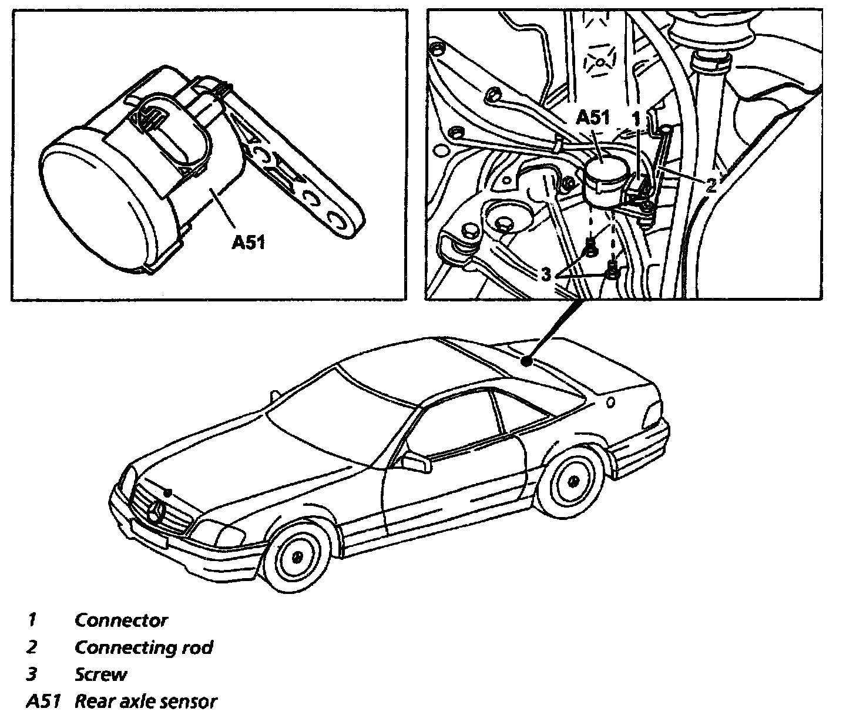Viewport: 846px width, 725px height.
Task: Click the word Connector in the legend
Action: point(121,620)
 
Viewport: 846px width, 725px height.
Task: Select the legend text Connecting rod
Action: point(143,647)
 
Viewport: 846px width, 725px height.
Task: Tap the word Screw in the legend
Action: point(100,674)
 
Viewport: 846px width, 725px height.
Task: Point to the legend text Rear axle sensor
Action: point(146,701)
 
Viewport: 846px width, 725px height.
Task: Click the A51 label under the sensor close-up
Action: point(248,241)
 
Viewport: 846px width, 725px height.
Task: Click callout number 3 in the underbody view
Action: point(546,274)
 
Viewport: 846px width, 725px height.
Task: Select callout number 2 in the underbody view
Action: point(711,186)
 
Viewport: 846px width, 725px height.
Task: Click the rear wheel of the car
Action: point(570,479)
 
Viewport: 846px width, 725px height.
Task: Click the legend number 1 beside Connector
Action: point(33,620)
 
